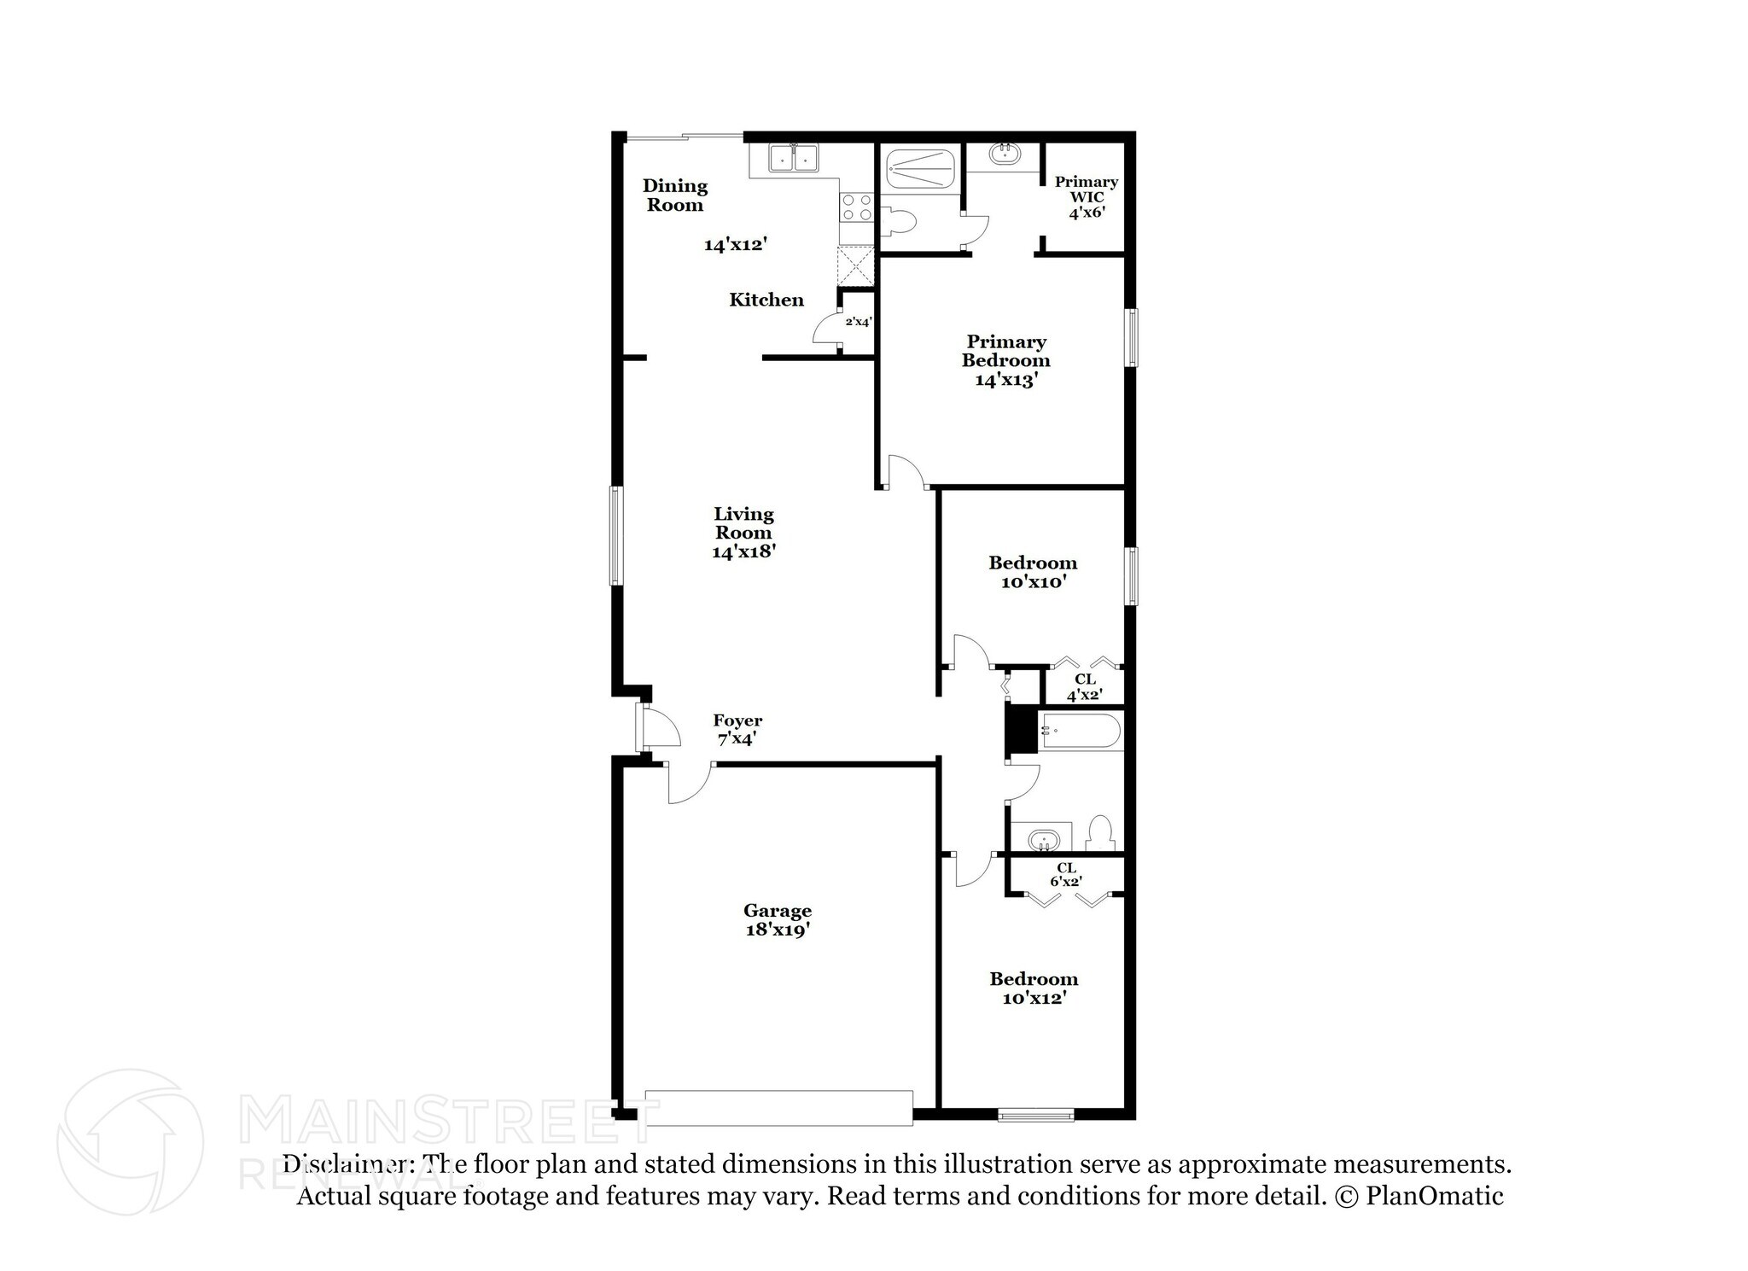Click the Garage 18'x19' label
[x=777, y=920]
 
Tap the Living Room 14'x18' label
[x=743, y=533]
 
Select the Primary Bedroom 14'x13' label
[x=1005, y=360]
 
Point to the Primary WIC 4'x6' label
[x=1086, y=196]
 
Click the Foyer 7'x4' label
[x=737, y=730]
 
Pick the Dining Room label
[x=674, y=195]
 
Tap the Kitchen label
[x=766, y=300]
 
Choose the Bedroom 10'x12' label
[x=1034, y=988]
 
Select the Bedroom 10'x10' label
[x=1033, y=572]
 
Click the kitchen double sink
[x=793, y=159]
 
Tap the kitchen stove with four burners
[x=856, y=207]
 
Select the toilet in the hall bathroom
[x=1102, y=832]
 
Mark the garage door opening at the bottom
[x=778, y=1107]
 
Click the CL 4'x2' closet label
[x=1084, y=687]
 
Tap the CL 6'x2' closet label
[x=1066, y=875]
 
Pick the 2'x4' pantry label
[x=858, y=322]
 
